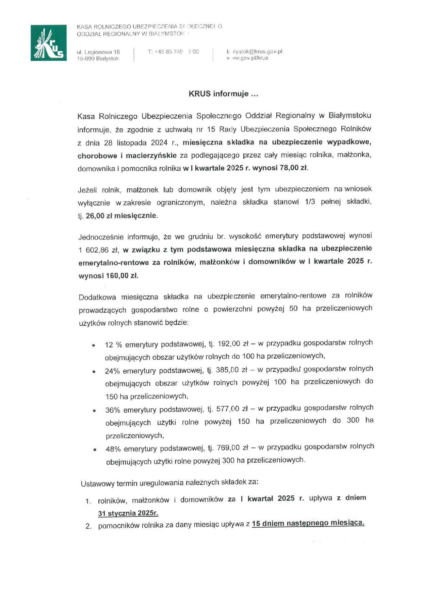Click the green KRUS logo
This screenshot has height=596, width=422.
(x=49, y=43)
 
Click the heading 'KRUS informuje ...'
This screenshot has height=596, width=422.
(x=223, y=94)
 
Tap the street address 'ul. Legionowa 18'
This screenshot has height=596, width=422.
(x=98, y=52)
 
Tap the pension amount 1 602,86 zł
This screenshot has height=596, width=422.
(x=98, y=250)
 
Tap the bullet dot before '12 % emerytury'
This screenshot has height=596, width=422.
(x=93, y=345)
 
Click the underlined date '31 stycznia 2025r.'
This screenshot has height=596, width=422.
(x=128, y=513)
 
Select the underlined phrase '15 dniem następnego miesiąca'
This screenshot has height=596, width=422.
(x=308, y=524)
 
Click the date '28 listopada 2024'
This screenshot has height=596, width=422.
(x=135, y=143)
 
